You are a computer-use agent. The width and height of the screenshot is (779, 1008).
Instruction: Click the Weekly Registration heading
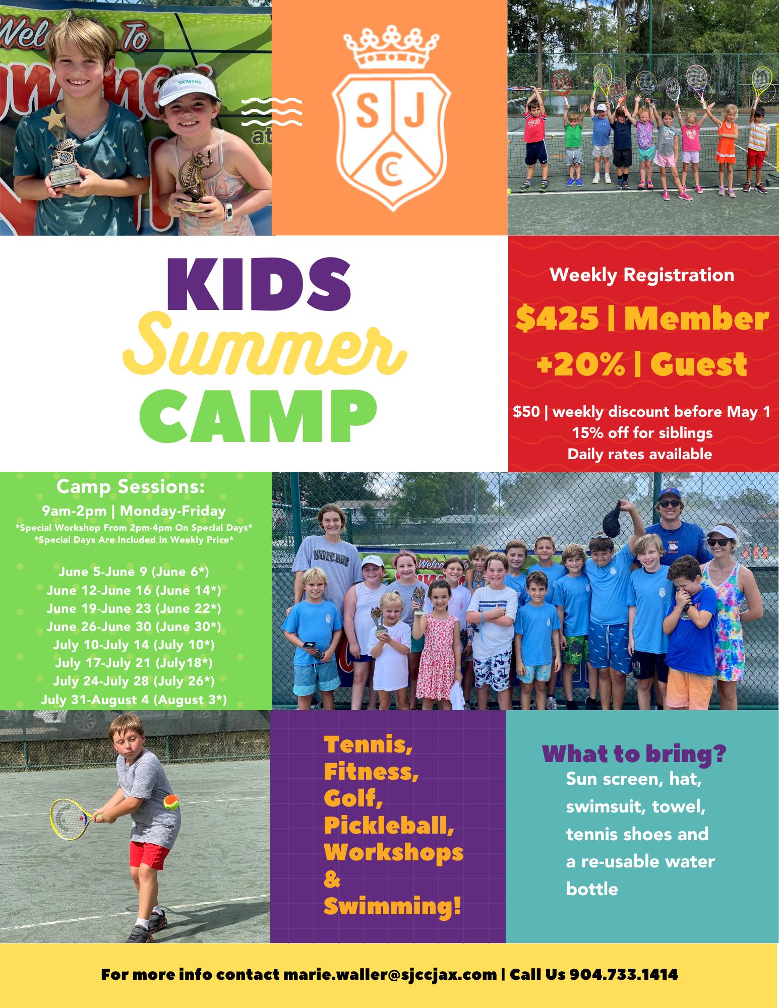(x=641, y=275)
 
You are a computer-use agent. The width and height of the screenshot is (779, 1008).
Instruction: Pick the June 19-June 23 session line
(x=134, y=608)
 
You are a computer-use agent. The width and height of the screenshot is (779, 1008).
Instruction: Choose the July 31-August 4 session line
(x=134, y=700)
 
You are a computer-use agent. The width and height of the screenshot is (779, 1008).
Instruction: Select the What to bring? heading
(x=634, y=755)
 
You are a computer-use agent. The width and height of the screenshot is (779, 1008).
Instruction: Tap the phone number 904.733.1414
(x=624, y=974)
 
